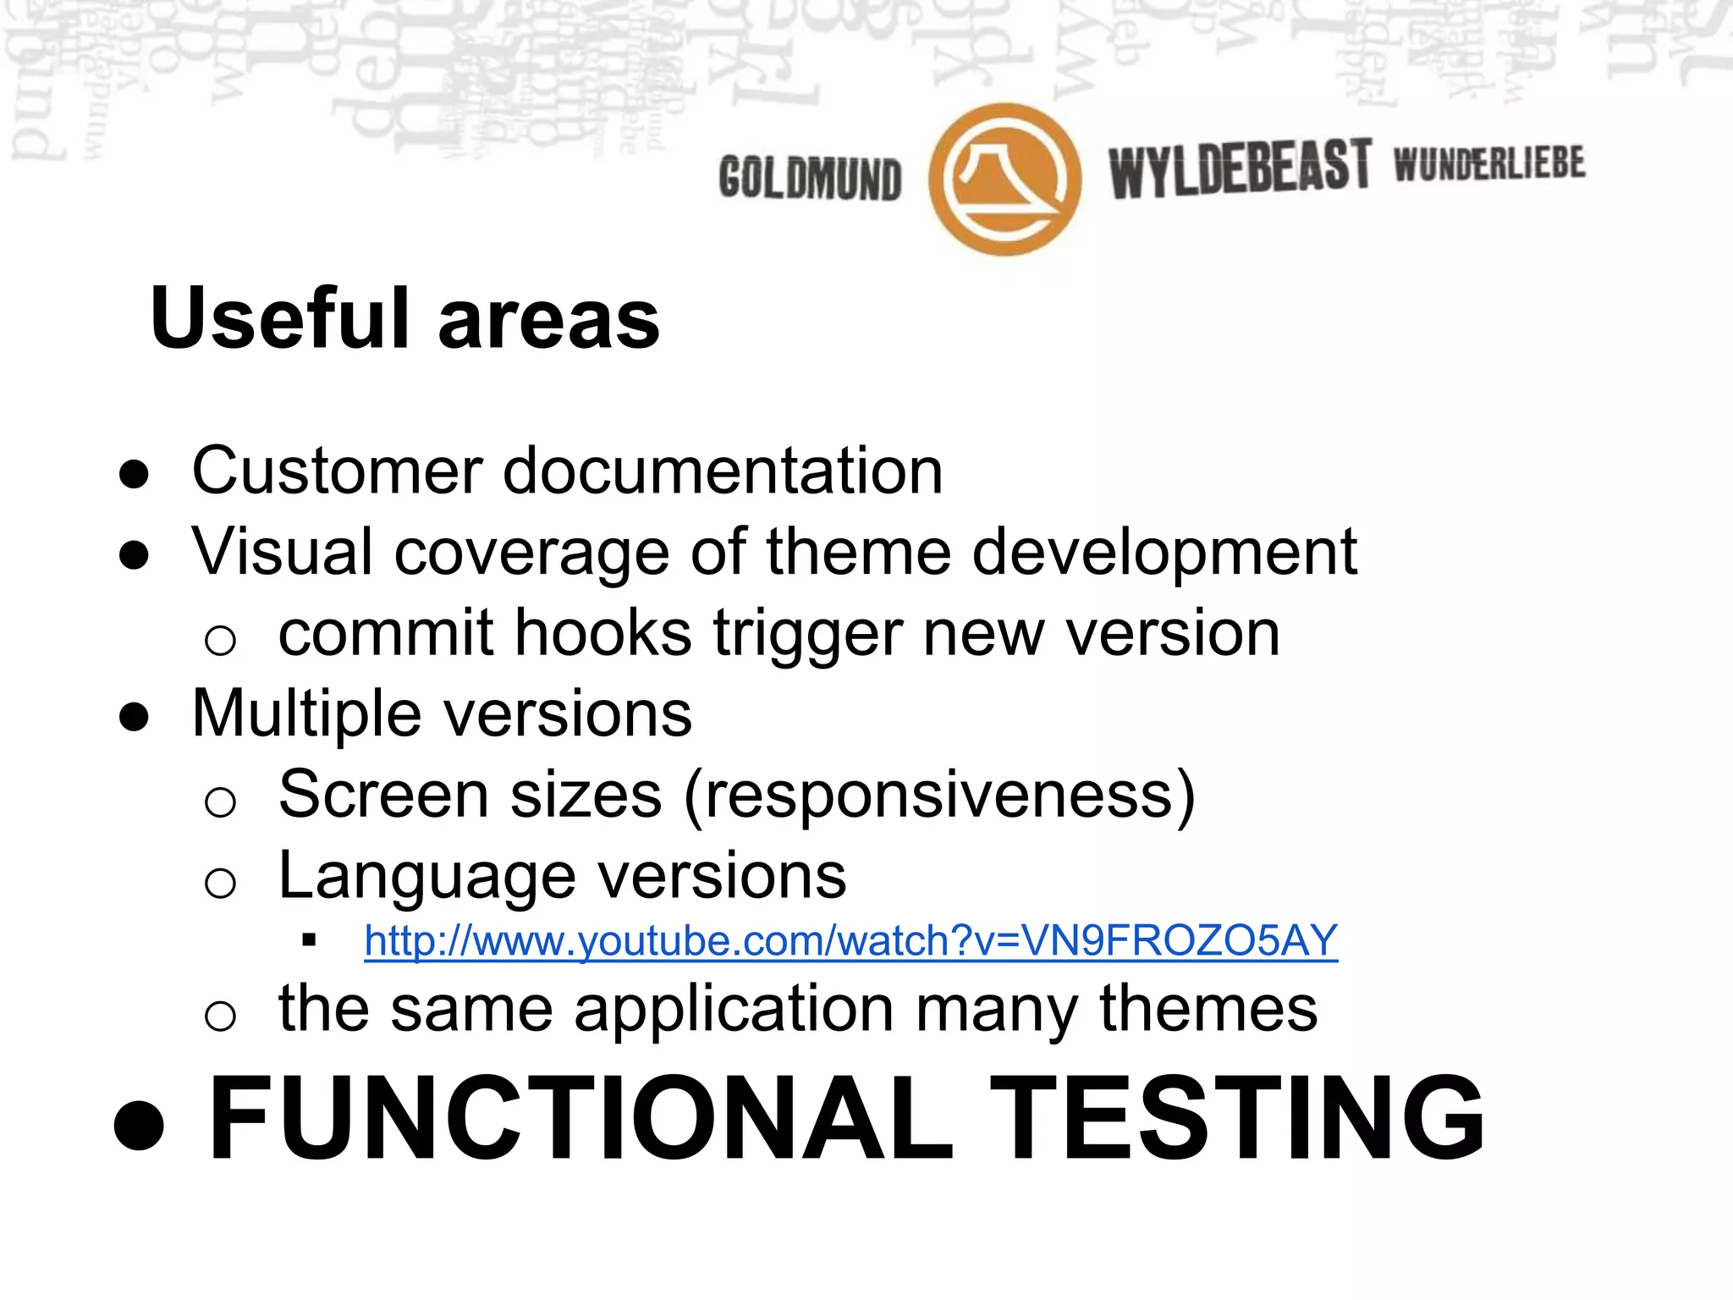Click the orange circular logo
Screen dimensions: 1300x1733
[1004, 179]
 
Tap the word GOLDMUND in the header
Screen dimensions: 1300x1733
[810, 179]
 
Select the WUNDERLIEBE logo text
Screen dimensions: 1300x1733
[1489, 163]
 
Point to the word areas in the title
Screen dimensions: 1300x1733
[548, 320]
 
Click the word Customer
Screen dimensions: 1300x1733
[337, 471]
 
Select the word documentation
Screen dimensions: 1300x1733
[723, 471]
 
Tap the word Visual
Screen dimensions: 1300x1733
[282, 552]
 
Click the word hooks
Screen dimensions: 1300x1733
[603, 633]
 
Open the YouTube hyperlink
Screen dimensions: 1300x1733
[850, 941]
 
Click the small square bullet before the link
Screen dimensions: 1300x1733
[309, 939]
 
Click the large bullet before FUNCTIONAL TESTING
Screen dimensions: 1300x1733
[139, 1123]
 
